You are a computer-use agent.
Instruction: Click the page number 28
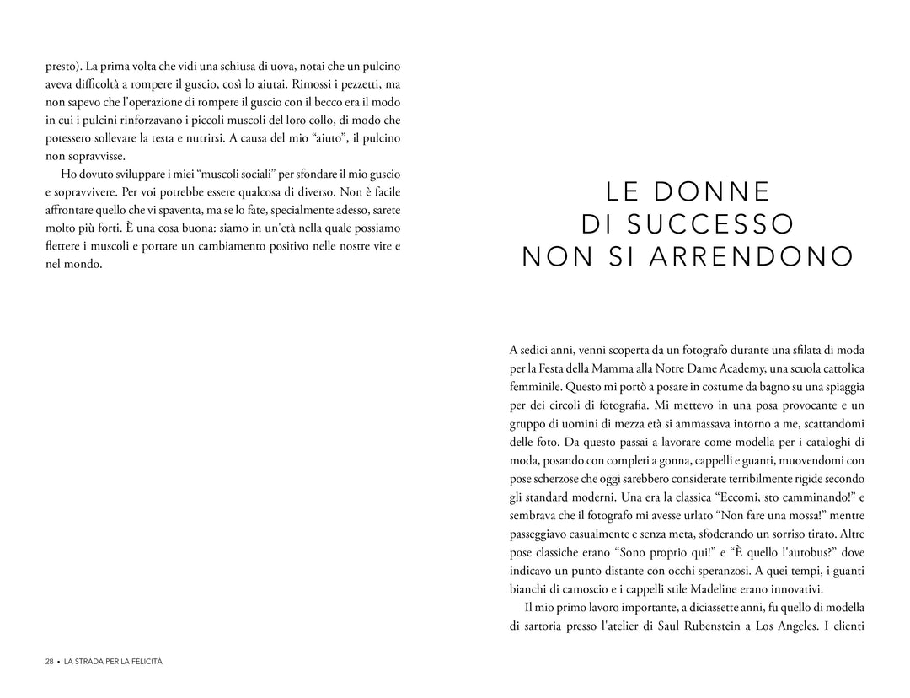pos(50,662)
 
